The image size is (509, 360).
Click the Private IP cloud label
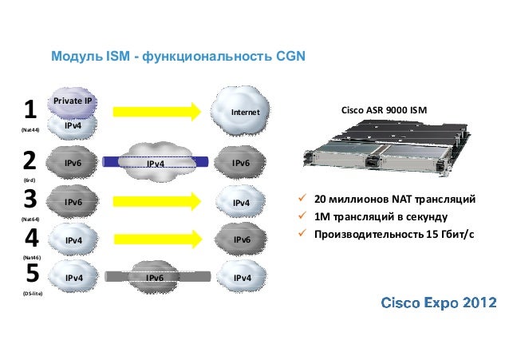pyautogui.click(x=73, y=101)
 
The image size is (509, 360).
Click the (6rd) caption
pyautogui.click(x=28, y=180)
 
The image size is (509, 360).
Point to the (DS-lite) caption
pyautogui.click(x=33, y=295)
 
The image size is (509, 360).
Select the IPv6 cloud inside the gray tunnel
pyautogui.click(x=156, y=278)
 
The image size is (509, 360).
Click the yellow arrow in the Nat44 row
pyautogui.click(x=157, y=112)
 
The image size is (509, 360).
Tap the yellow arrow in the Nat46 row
pyautogui.click(x=157, y=238)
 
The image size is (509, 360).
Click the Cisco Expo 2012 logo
pyautogui.click(x=439, y=303)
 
